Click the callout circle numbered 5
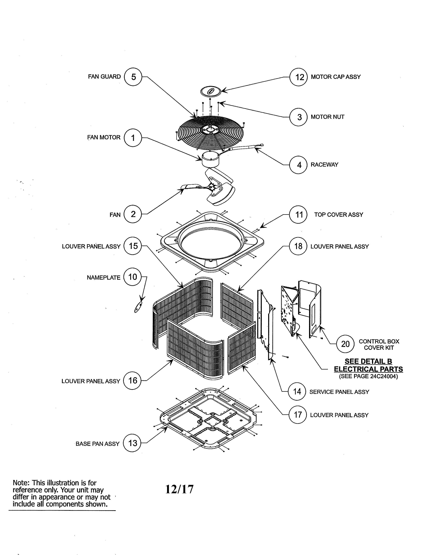[x=133, y=77]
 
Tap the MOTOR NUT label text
[x=327, y=117]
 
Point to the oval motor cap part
[x=211, y=91]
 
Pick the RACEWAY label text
[x=324, y=165]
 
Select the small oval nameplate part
[x=138, y=307]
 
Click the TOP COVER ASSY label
[x=338, y=215]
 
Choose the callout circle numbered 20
[x=345, y=344]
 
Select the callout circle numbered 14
[x=297, y=392]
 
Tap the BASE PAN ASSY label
[x=97, y=444]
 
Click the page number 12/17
[x=180, y=489]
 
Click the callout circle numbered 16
[x=132, y=381]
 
